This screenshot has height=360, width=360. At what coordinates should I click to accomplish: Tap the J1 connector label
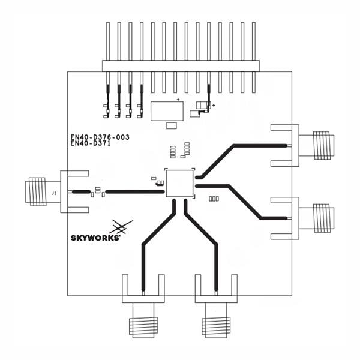click(54, 193)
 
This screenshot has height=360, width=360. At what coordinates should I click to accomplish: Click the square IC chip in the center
click(179, 182)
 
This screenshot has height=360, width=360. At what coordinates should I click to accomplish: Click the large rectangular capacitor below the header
click(167, 111)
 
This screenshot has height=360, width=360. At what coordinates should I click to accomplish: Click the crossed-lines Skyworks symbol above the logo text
click(121, 226)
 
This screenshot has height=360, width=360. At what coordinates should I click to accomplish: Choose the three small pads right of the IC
click(213, 199)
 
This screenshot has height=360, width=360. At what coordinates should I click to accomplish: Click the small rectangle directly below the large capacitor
click(172, 125)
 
